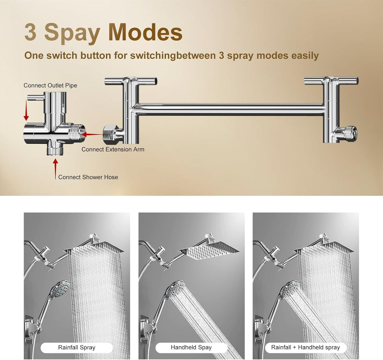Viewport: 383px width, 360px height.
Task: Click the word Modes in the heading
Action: point(146,32)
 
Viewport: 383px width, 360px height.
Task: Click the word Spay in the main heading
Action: point(72,34)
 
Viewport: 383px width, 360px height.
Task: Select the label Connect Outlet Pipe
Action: point(50,86)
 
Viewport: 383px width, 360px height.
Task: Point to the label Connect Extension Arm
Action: point(113,149)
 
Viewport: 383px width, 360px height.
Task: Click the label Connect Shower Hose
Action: point(88,177)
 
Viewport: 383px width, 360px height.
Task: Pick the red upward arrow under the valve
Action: point(55,169)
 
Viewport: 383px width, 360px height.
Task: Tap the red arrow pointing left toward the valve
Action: point(92,134)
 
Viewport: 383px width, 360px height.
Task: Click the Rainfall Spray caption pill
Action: point(77,348)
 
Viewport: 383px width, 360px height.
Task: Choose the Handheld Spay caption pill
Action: point(191,348)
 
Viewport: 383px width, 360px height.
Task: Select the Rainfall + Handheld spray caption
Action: point(305,348)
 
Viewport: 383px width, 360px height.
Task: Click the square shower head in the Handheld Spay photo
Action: point(210,250)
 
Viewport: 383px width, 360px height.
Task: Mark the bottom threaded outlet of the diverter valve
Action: point(55,150)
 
